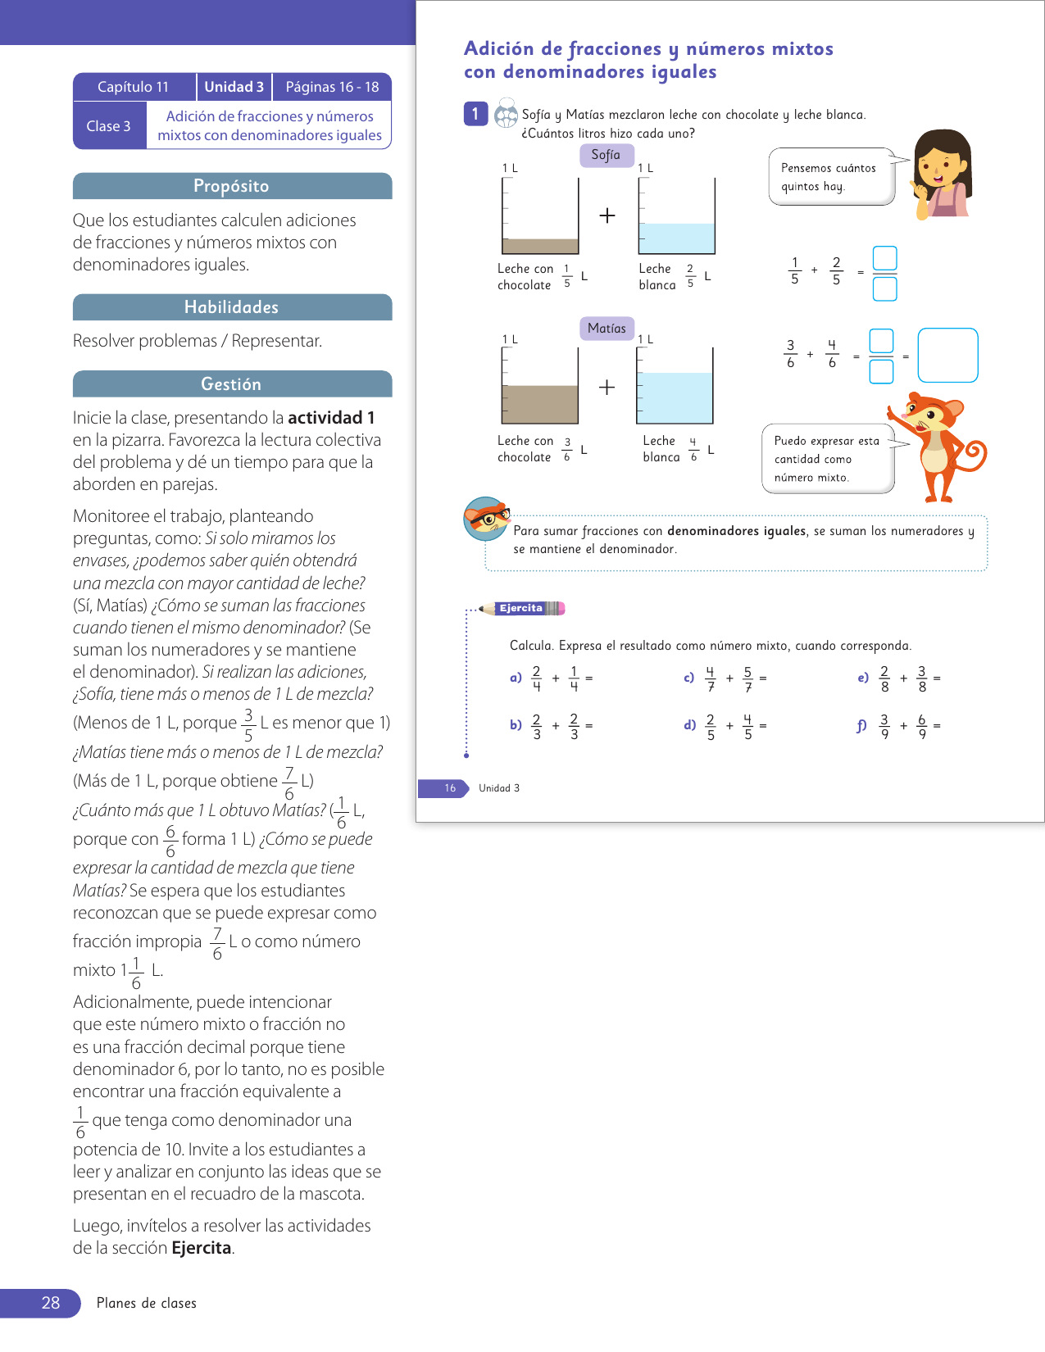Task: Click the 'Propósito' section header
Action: pyautogui.click(x=232, y=186)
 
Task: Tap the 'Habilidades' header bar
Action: pyautogui.click(x=232, y=307)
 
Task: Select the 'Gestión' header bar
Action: pyautogui.click(x=232, y=384)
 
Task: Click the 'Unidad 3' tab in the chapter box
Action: pyautogui.click(x=234, y=87)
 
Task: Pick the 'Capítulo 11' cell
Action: pyautogui.click(x=134, y=87)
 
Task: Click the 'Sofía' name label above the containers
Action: pyautogui.click(x=606, y=155)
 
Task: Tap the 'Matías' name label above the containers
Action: pyautogui.click(x=607, y=329)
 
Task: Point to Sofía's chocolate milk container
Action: pyautogui.click(x=540, y=217)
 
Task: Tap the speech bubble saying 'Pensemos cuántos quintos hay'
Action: pyautogui.click(x=829, y=177)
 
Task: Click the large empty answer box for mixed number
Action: pyautogui.click(x=947, y=356)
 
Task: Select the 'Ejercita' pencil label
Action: pyautogui.click(x=523, y=608)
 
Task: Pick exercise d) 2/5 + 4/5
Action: pyautogui.click(x=726, y=726)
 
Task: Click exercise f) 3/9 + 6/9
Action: pyautogui.click(x=900, y=726)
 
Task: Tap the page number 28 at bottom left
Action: pyautogui.click(x=51, y=1303)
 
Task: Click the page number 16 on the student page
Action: pyautogui.click(x=450, y=788)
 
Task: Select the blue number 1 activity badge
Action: pyautogui.click(x=475, y=114)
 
